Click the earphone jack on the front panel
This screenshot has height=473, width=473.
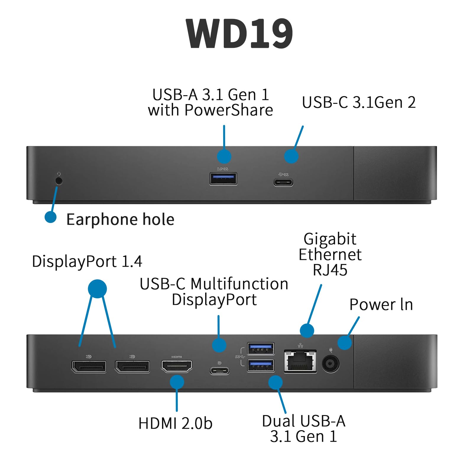pos(59,181)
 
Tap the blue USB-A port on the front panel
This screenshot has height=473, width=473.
pos(223,179)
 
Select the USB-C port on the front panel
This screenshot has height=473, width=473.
pos(283,182)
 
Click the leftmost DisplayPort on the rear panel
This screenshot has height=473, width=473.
pos(89,367)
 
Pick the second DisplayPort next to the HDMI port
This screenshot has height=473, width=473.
pos(132,367)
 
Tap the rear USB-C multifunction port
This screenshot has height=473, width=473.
pos(219,370)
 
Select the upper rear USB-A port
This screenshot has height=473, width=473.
pos(260,349)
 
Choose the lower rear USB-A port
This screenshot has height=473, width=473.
pos(260,365)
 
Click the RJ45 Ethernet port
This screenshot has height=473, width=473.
pos(300,362)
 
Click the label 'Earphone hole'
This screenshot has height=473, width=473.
pos(120,219)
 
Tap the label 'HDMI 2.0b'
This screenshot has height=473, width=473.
pos(175,423)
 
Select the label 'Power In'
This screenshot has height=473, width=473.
pos(381,304)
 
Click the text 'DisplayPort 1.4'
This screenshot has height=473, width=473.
pos(87,262)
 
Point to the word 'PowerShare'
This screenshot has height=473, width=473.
pos(229,110)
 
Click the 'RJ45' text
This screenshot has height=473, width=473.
pos(330,270)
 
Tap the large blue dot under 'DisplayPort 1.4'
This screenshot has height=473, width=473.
pos(97,289)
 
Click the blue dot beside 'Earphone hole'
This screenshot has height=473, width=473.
pos(51,217)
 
